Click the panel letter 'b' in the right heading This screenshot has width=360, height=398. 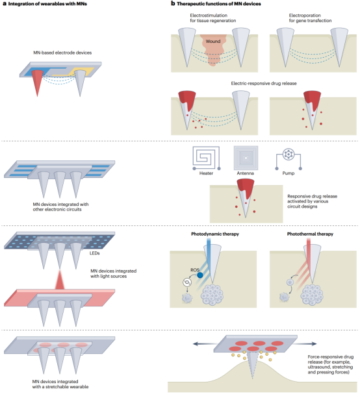[172, 5]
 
